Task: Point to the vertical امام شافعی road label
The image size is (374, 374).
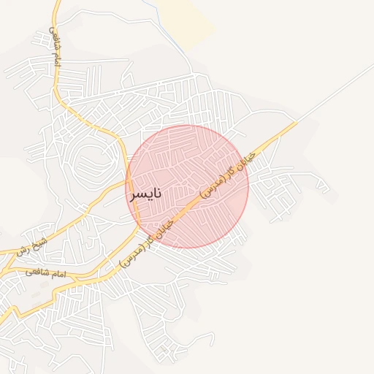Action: (54, 49)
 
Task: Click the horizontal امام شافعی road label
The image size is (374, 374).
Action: (45, 273)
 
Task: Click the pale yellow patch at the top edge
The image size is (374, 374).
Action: (186, 18)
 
